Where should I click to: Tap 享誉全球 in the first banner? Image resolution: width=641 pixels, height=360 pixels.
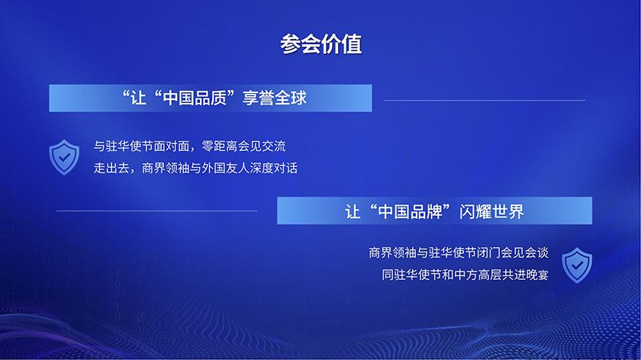tap(275, 98)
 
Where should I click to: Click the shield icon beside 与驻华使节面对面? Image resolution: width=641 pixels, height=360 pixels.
tap(63, 156)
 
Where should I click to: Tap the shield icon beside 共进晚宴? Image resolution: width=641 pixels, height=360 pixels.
tap(577, 264)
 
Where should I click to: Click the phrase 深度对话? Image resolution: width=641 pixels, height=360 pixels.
tap(272, 169)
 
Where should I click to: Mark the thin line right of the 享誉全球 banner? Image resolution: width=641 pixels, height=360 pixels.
tap(485, 100)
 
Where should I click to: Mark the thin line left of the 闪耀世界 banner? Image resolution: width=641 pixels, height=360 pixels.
tap(156, 211)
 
